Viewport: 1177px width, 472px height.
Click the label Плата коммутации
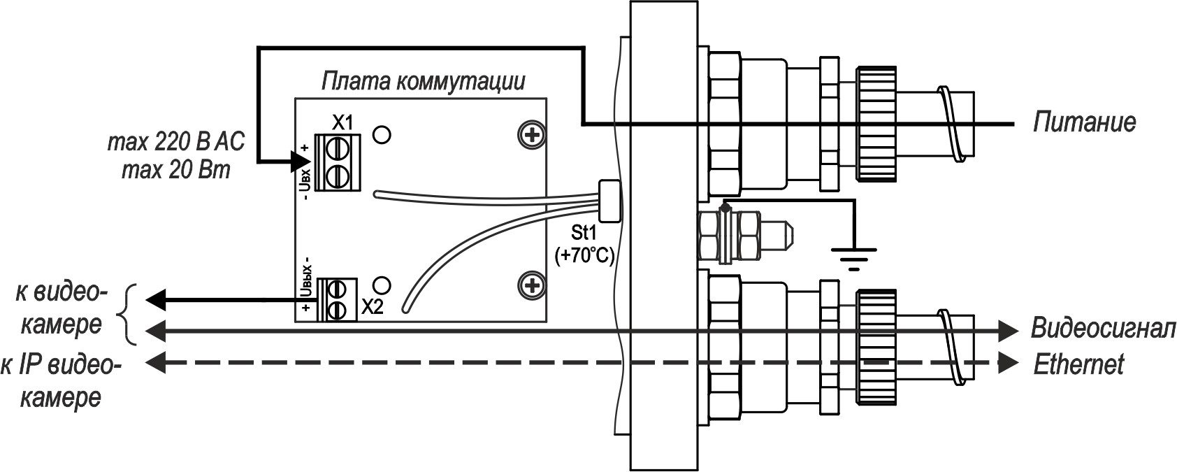(x=423, y=83)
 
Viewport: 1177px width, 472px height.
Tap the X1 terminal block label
(x=342, y=123)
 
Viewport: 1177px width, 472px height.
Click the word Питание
(x=1084, y=123)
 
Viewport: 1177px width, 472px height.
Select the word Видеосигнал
(x=1102, y=329)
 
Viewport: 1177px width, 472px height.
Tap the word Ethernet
(x=1078, y=364)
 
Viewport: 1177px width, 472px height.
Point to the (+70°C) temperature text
(x=584, y=257)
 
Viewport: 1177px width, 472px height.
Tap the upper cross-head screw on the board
(x=533, y=135)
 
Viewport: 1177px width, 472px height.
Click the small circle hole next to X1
(x=382, y=134)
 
